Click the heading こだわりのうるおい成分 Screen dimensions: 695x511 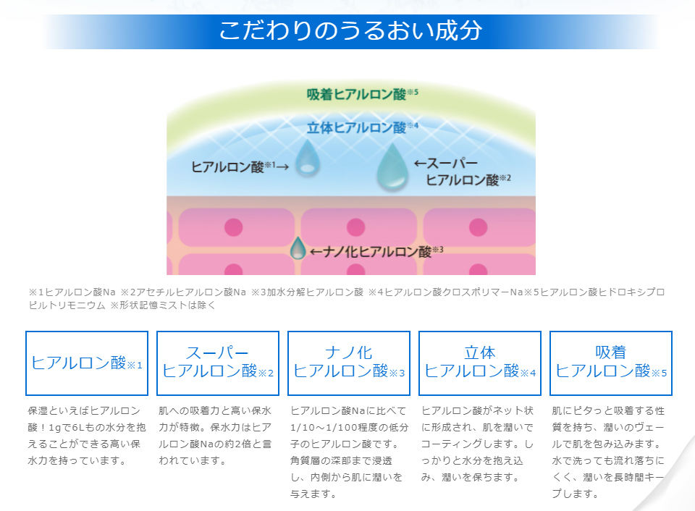350,30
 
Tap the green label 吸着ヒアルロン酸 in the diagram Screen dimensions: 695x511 362,94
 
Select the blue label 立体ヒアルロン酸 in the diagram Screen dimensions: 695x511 362,127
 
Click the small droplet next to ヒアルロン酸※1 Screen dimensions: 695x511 307,159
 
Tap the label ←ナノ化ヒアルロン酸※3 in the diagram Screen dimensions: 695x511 376,252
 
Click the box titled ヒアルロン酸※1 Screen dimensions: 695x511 87,363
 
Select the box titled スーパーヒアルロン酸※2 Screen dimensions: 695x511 218,363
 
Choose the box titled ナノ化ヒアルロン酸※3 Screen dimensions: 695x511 349,363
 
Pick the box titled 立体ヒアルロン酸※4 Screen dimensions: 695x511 480,363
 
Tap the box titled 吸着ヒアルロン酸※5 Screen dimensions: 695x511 611,363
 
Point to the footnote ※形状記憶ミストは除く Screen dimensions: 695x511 163,305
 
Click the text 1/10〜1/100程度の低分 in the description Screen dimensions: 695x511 349,427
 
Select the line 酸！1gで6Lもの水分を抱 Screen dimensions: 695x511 86,427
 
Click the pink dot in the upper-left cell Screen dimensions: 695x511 234,227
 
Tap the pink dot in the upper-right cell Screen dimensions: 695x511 478,227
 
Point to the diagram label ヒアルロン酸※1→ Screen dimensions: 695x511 240,166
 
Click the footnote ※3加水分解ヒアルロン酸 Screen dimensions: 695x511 307,292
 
